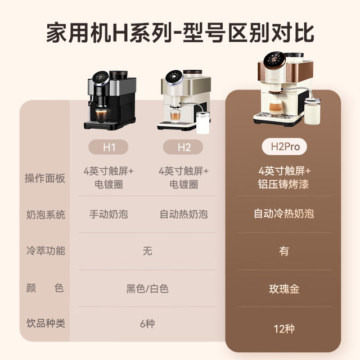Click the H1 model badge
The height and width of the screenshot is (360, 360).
(109, 147)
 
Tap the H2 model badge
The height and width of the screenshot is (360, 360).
(183, 147)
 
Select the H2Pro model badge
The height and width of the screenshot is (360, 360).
(285, 146)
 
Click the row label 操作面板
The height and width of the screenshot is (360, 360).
(45, 178)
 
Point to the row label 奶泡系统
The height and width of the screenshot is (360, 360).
(46, 215)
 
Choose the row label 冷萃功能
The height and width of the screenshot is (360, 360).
(46, 250)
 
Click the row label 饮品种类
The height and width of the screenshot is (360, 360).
(46, 323)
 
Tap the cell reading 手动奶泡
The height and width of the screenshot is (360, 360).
(109, 214)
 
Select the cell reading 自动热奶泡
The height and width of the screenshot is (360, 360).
(184, 214)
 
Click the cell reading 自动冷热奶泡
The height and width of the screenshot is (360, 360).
(283, 214)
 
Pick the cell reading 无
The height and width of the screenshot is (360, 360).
(147, 251)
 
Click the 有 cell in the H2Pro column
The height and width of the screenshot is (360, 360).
(284, 251)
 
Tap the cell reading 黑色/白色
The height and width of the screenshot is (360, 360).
(147, 289)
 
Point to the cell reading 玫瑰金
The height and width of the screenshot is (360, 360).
(284, 289)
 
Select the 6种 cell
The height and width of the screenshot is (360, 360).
(147, 323)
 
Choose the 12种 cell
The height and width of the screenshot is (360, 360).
(284, 328)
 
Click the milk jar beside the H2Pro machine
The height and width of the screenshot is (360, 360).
(312, 111)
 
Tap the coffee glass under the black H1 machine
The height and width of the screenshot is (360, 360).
(101, 116)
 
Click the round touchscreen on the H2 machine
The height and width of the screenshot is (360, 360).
(174, 77)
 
